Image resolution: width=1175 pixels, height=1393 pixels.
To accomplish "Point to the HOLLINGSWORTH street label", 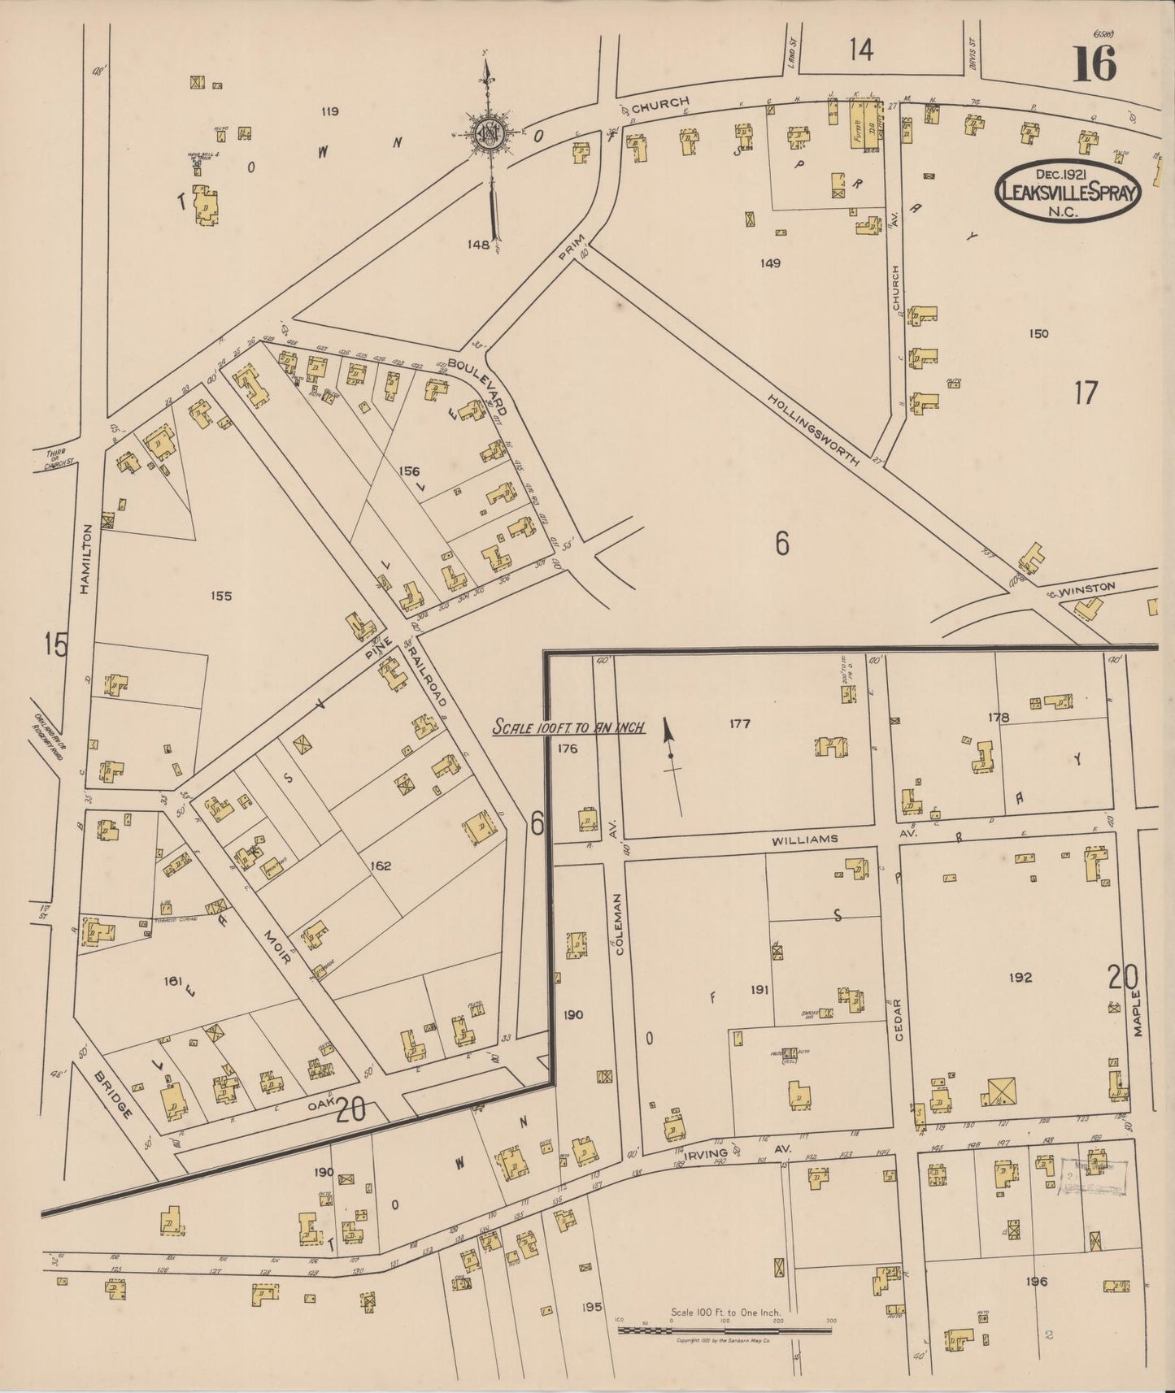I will (x=814, y=429).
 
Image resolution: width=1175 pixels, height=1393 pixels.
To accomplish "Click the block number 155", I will (x=220, y=596).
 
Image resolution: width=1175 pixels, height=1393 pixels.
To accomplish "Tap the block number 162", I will (x=381, y=866).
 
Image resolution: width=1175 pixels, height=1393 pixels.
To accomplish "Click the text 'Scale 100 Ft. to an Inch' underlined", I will (x=569, y=727).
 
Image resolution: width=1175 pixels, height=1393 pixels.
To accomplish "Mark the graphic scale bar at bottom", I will (x=724, y=1330).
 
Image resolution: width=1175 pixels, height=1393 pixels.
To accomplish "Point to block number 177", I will (x=739, y=723).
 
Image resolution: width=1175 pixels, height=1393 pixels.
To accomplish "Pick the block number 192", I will (x=1020, y=977).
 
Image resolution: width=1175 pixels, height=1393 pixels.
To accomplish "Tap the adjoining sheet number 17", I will (x=1086, y=393).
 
